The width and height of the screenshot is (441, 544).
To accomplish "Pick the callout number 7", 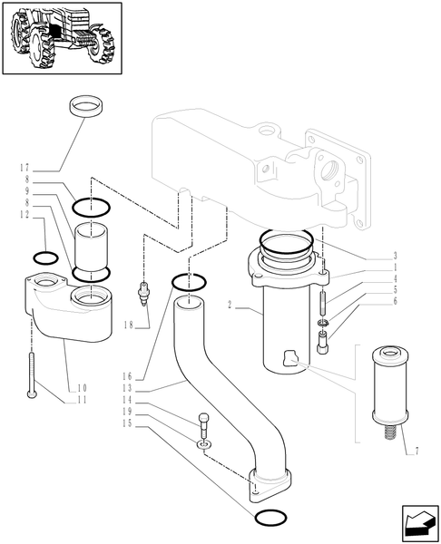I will (x=416, y=451).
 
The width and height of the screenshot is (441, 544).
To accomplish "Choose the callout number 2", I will (x=232, y=308).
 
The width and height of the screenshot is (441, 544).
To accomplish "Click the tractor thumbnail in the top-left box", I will (x=63, y=39).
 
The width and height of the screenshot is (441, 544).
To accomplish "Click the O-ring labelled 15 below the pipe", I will (x=269, y=518).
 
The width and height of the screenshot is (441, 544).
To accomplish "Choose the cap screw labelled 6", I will (x=322, y=344).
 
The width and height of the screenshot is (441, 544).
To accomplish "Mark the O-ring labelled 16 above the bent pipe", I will (x=187, y=282).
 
